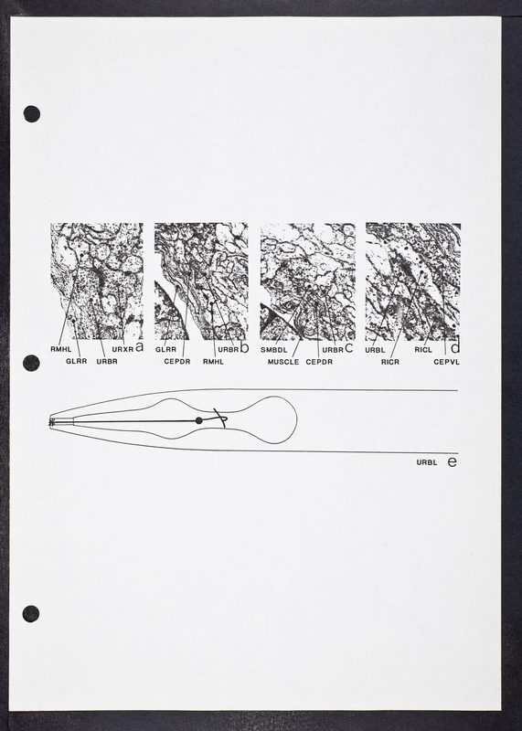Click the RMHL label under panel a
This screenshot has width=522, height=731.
click(x=60, y=349)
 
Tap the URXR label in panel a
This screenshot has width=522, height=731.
click(x=123, y=349)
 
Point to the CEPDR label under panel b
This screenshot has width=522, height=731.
click(x=176, y=361)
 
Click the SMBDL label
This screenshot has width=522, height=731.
click(x=274, y=350)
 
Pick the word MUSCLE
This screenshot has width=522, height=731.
click(x=283, y=362)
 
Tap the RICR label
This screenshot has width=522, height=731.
click(x=390, y=362)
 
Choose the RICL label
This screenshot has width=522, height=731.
click(x=423, y=350)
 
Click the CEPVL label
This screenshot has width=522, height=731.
click(x=446, y=362)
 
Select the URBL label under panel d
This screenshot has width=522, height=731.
click(x=375, y=350)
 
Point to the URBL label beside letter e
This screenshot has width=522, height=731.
click(x=427, y=462)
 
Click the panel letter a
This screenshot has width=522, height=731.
click(x=139, y=347)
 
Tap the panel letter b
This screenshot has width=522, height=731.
click(x=244, y=347)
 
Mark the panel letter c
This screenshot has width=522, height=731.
click(x=349, y=348)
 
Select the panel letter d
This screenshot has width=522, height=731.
click(x=456, y=347)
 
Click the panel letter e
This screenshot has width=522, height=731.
click(x=452, y=462)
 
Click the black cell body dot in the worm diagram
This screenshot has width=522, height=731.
click(x=199, y=420)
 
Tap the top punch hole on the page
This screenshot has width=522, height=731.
click(x=32, y=113)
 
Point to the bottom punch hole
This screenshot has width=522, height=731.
click(x=31, y=614)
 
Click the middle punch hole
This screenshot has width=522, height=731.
click(x=31, y=363)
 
